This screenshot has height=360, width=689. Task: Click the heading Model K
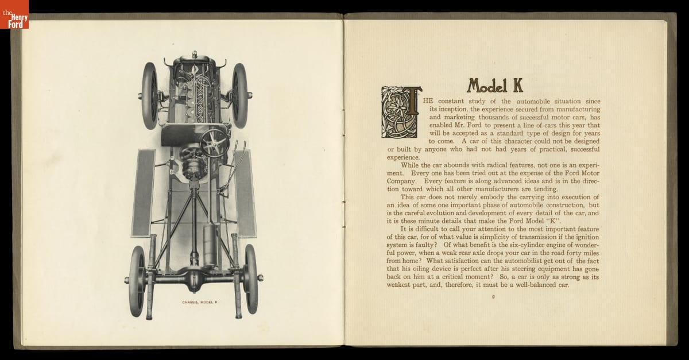494,85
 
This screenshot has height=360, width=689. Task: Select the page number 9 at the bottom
493,297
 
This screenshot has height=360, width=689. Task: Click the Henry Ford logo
14,14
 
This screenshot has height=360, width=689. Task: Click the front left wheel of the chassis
151,95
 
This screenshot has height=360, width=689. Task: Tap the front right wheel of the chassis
239,95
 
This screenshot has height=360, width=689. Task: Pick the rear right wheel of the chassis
251,279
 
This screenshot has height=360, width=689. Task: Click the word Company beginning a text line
403,180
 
